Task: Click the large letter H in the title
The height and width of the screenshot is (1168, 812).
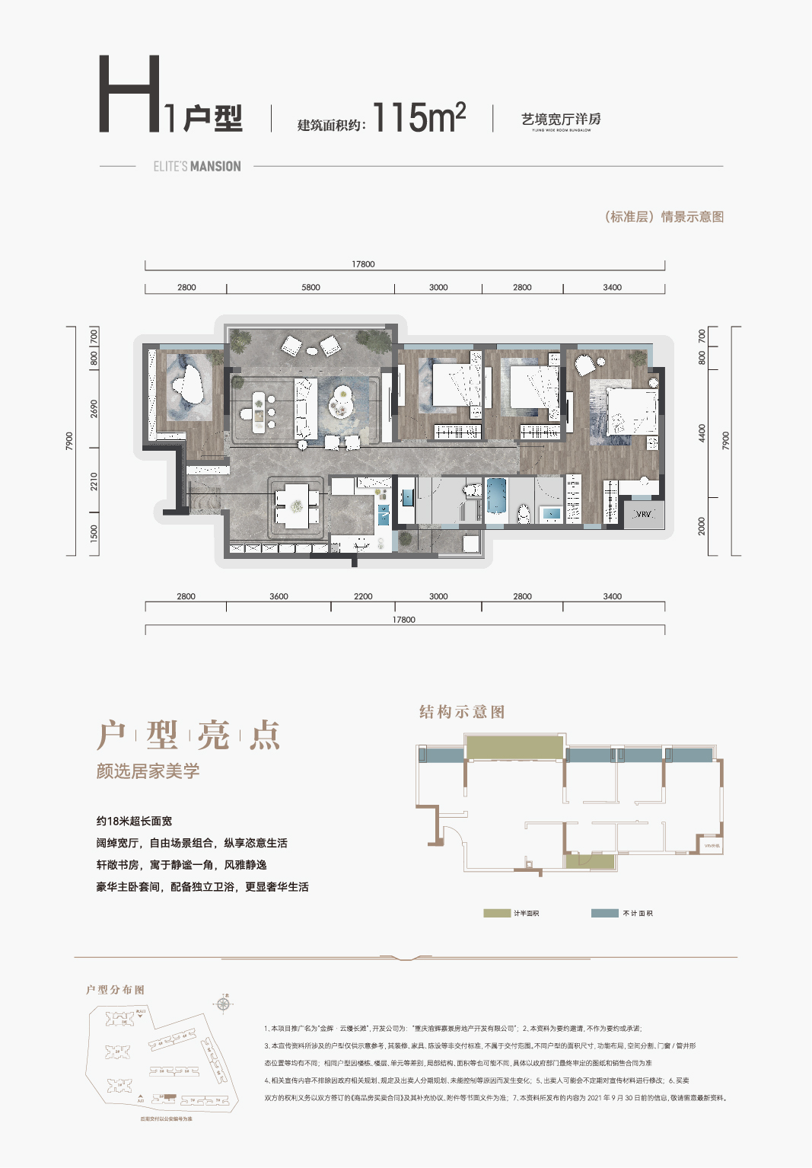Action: tap(129, 94)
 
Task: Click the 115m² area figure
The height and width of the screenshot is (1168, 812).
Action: tap(419, 118)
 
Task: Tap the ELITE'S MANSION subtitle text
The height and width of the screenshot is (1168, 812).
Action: tap(197, 167)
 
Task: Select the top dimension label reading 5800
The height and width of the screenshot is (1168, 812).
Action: tap(310, 288)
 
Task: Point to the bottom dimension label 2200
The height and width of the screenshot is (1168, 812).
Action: tap(363, 597)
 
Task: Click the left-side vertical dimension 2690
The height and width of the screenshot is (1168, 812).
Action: tap(94, 409)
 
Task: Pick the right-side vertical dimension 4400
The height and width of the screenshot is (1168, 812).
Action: tap(702, 433)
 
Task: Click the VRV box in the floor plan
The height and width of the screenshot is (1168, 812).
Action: tap(644, 514)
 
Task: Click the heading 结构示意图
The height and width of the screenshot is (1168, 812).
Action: tap(462, 712)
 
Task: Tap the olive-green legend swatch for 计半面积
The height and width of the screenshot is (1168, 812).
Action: tap(497, 913)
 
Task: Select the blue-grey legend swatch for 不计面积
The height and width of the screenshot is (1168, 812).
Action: tap(604, 913)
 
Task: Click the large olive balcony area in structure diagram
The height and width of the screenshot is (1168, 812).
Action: tap(514, 748)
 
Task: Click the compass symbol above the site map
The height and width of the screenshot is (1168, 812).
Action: tap(223, 1004)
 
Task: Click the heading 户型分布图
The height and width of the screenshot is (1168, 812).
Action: tap(115, 990)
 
